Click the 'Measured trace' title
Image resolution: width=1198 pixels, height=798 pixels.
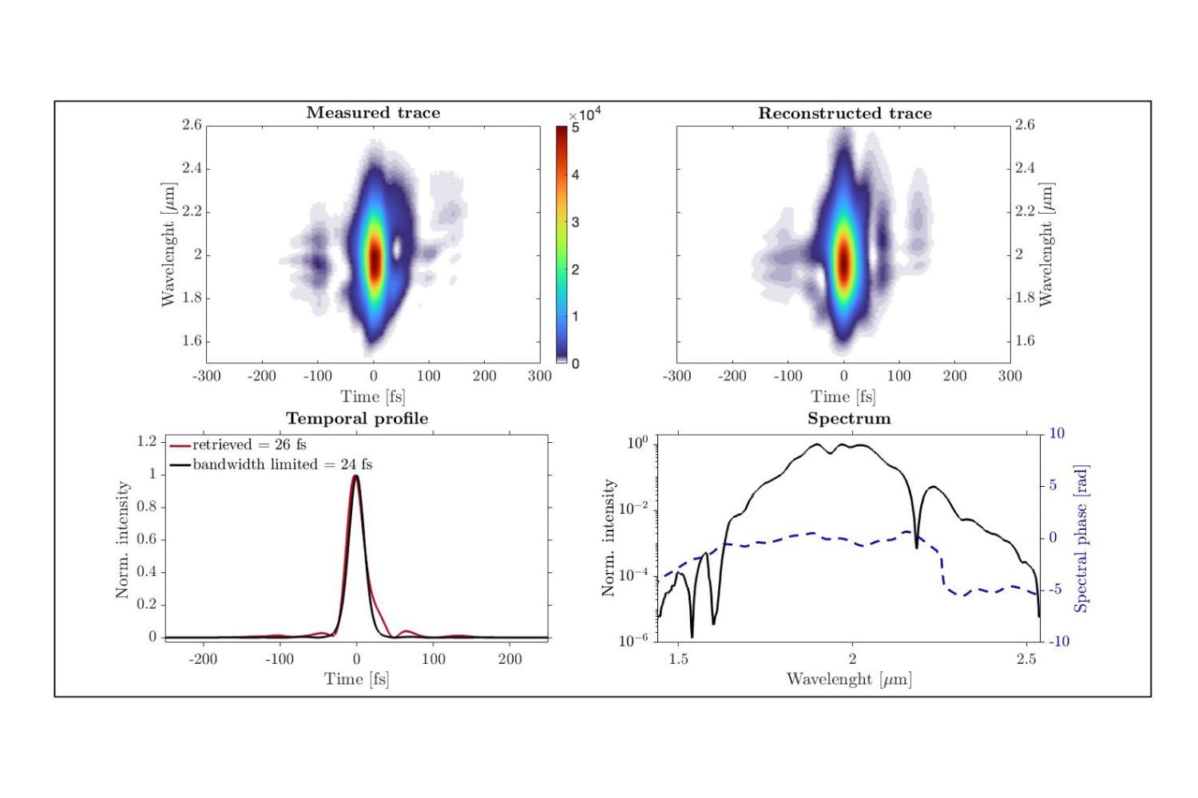click(373, 113)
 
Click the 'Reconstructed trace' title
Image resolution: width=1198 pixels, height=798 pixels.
click(844, 113)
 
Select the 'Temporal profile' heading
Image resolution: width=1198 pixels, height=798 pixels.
click(357, 418)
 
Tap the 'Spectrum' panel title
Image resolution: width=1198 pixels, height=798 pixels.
click(848, 418)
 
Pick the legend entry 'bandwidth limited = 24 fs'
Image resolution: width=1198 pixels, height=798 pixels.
click(282, 464)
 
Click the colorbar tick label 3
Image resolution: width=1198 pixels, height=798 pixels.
click(575, 223)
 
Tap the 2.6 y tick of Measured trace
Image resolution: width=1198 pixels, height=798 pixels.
click(192, 125)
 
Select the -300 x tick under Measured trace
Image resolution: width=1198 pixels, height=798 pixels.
click(206, 376)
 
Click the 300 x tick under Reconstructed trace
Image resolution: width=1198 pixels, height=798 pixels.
click(1010, 376)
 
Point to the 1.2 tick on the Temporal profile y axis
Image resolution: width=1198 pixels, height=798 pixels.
click(146, 442)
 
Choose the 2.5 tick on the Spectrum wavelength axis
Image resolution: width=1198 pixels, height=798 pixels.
click(1026, 659)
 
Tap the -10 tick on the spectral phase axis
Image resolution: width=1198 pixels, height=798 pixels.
click(1057, 642)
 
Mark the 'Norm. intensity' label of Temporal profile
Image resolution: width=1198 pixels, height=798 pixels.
click(122, 539)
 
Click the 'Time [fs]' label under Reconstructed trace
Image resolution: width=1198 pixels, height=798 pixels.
click(843, 397)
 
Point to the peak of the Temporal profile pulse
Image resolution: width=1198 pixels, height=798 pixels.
click(356, 476)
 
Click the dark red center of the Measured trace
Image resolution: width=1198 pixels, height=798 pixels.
click(374, 261)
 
